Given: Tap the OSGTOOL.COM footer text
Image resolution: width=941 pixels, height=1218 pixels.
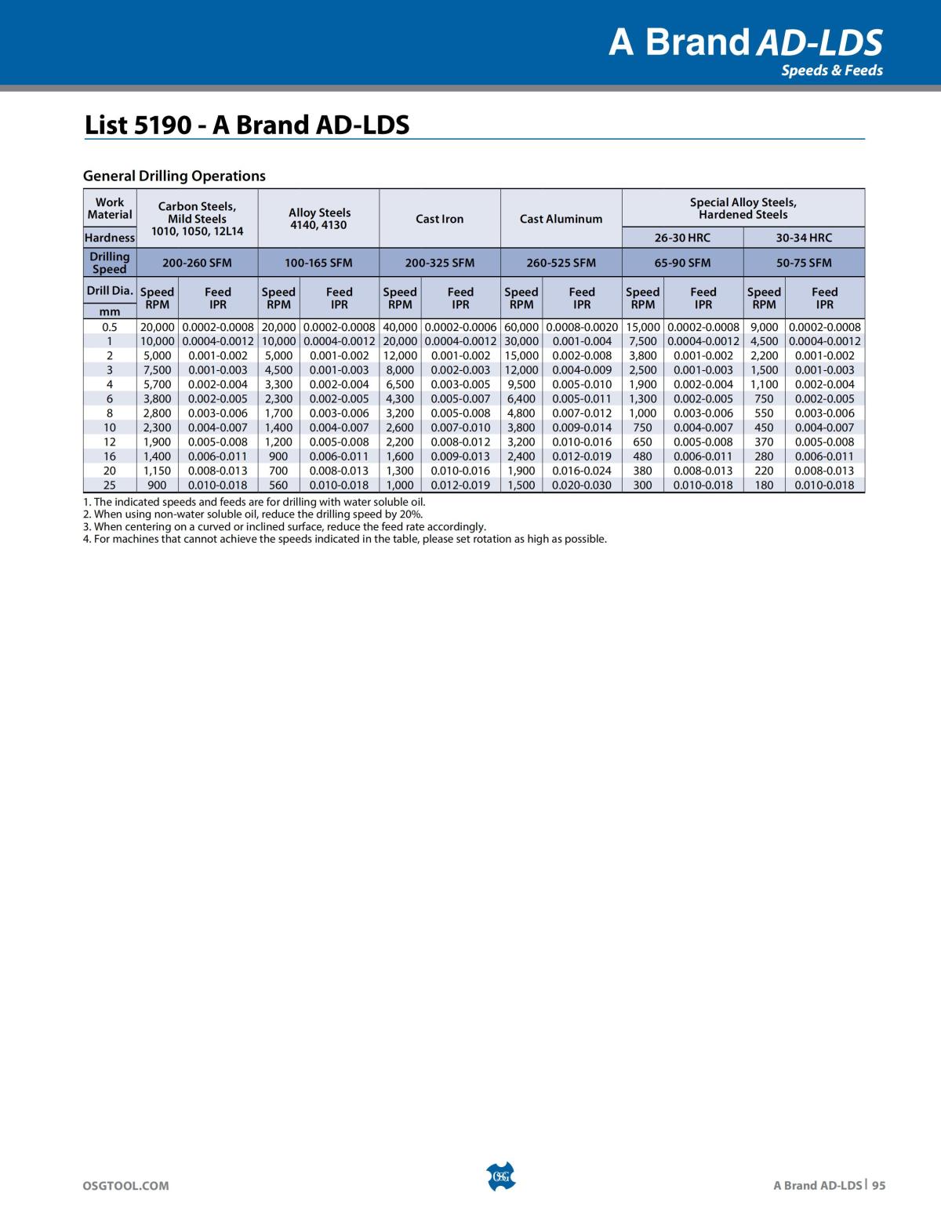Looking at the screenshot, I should click(125, 1187).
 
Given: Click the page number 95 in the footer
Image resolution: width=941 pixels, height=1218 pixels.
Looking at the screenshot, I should click(877, 1187).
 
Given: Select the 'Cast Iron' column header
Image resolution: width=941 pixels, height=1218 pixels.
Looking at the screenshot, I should click(439, 219).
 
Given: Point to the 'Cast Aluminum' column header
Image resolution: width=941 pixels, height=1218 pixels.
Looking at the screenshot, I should click(561, 219).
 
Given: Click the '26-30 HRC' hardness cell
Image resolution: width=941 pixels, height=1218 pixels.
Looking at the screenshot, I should click(682, 238).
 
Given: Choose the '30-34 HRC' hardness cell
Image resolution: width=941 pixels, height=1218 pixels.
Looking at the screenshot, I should click(804, 238).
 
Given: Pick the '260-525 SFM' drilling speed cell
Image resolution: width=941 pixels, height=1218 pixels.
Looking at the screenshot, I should click(561, 263).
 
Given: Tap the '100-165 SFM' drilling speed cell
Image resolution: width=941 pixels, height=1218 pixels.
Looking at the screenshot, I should click(318, 263).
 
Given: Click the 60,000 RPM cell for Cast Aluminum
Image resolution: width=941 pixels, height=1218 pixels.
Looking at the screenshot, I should click(521, 327).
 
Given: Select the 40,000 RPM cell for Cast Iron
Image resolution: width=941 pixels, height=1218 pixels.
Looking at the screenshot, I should click(400, 327).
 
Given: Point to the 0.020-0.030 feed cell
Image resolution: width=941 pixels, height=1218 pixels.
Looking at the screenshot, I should click(582, 485).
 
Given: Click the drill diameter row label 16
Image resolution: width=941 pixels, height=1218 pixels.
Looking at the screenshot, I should click(110, 456).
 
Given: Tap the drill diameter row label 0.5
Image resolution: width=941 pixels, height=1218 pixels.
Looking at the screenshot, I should click(110, 327).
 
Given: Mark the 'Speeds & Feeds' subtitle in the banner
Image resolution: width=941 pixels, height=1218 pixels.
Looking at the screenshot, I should click(831, 71).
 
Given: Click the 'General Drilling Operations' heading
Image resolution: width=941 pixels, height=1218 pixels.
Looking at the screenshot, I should click(174, 176).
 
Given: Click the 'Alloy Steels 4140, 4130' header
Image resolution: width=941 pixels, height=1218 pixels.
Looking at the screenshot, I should click(318, 219).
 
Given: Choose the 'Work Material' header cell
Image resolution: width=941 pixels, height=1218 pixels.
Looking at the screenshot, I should click(110, 209).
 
